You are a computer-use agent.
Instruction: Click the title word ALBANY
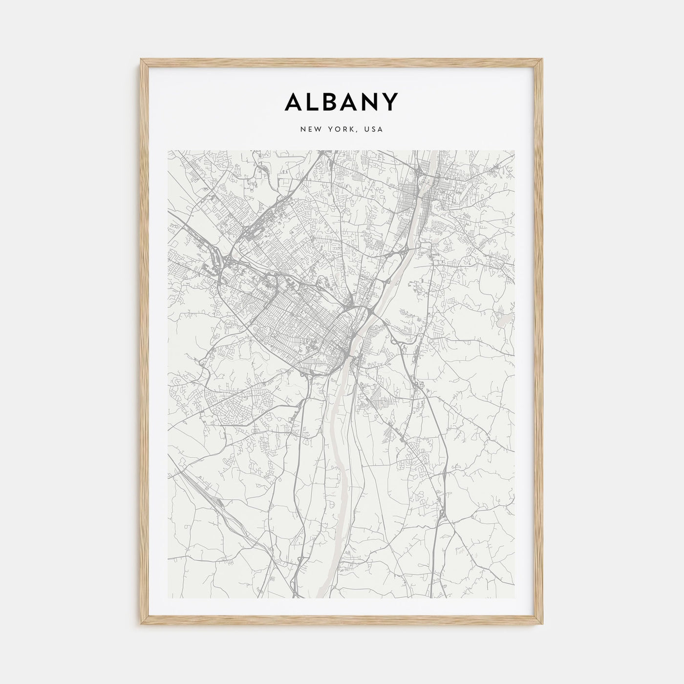342,102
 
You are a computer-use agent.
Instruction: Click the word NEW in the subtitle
310,130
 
